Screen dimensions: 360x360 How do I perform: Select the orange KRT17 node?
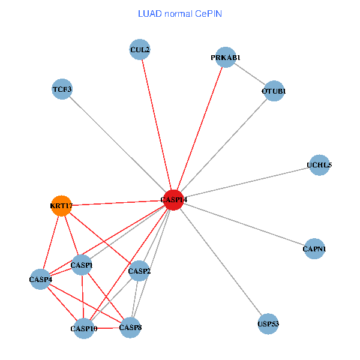61,206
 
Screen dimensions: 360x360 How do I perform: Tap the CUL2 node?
140,50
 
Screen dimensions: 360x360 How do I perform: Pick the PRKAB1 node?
225,58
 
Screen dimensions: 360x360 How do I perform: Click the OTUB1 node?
274,91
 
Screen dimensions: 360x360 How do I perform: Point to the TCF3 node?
62,90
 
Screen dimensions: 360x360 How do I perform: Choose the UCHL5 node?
319,165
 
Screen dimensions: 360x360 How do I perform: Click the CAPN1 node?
314,248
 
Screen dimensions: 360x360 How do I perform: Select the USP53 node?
268,324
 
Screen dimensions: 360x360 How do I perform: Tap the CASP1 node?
82,265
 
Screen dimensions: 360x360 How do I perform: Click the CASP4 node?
40,279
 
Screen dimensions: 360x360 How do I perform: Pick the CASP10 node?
83,328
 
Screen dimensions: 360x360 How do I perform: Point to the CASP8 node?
130,328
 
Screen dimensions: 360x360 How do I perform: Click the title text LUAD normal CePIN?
179,13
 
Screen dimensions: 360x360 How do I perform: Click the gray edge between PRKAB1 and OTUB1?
250,74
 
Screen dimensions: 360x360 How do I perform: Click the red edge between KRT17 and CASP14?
117,203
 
